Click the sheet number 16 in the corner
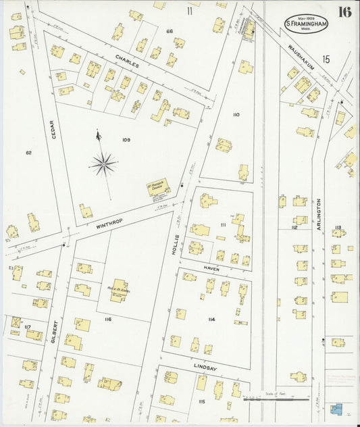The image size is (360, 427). (344, 11)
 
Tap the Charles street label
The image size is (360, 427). (127, 61)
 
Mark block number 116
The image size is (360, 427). (107, 319)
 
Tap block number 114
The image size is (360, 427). (211, 319)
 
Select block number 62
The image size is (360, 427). (29, 152)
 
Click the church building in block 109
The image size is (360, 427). (157, 187)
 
